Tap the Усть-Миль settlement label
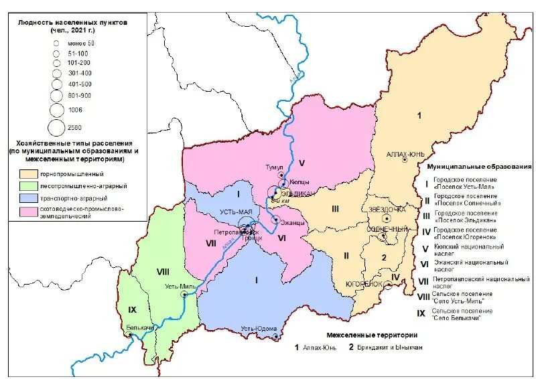pos(180,286)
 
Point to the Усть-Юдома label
pos(259,328)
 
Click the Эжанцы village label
pos(293,222)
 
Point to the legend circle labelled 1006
pos(56,108)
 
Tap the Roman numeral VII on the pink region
pos(211,244)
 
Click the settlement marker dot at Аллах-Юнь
pos(404,160)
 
